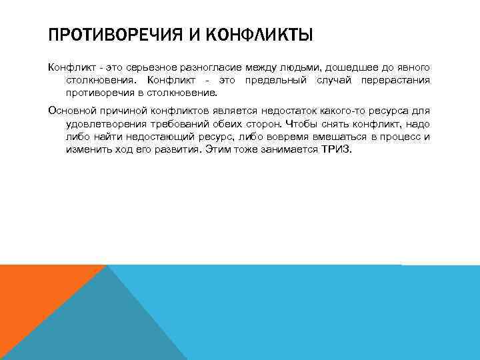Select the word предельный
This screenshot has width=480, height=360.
(x=275, y=81)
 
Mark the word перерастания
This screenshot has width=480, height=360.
(x=394, y=81)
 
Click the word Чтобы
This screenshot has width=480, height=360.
(x=301, y=124)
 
